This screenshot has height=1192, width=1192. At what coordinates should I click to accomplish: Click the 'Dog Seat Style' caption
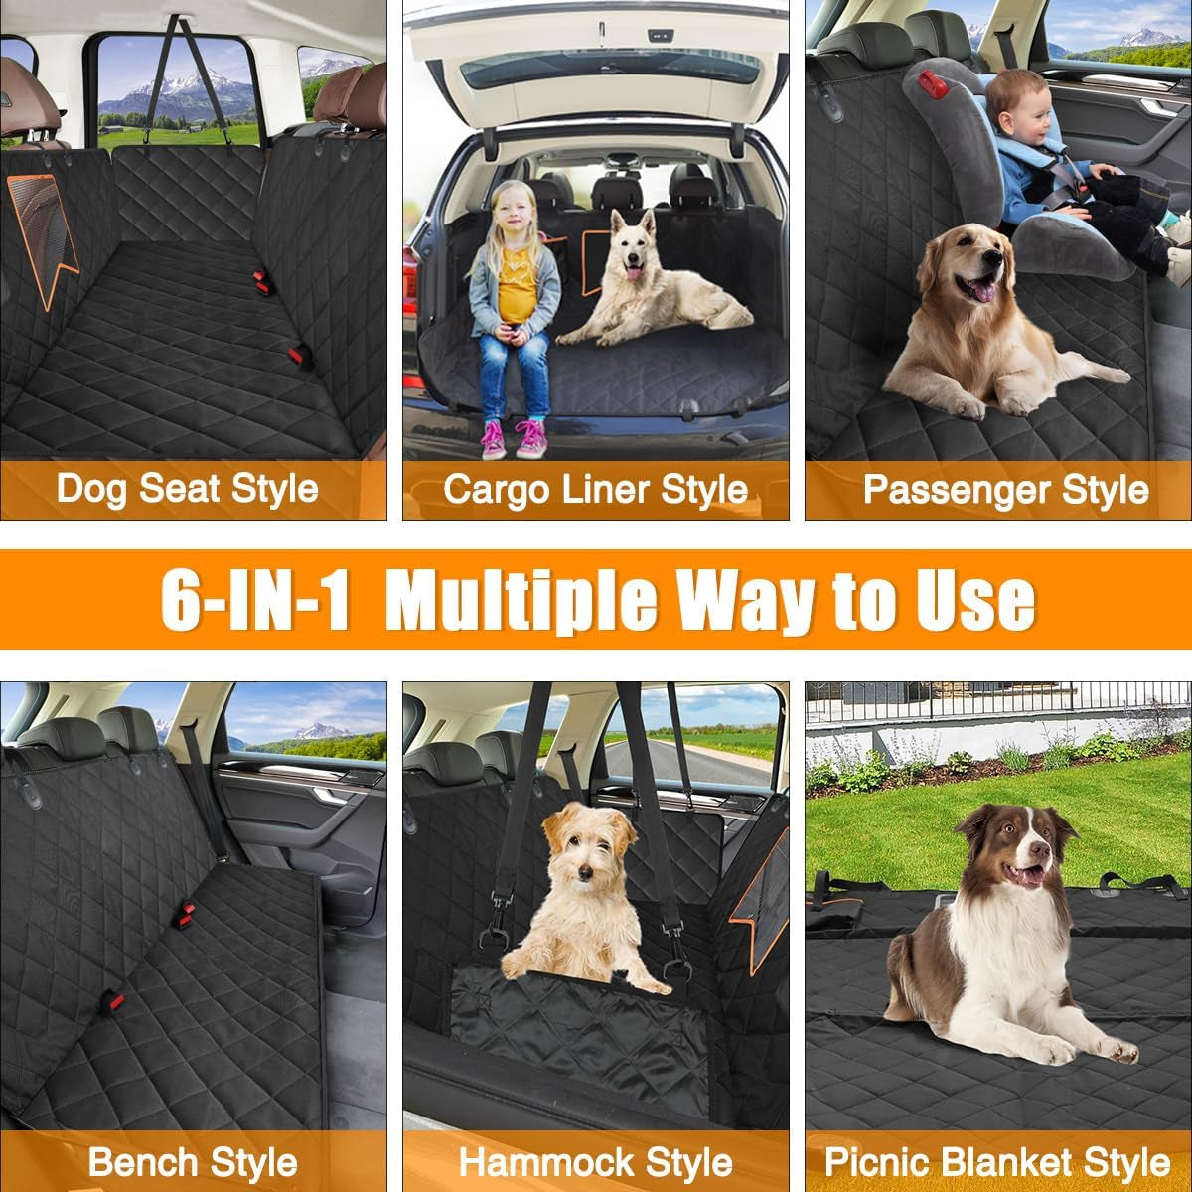click(x=187, y=489)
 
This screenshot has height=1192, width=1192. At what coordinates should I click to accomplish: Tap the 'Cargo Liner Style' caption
click(x=595, y=489)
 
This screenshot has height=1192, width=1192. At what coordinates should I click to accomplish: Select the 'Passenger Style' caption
click(x=1005, y=489)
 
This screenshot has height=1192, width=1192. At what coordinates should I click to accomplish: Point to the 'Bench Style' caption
click(x=193, y=1162)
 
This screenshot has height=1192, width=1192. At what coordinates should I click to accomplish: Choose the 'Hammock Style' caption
click(x=595, y=1162)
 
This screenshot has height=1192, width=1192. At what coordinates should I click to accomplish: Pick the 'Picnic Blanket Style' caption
click(x=997, y=1162)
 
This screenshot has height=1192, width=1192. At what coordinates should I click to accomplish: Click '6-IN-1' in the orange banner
click(x=255, y=599)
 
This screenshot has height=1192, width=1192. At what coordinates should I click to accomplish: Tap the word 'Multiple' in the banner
click(x=521, y=599)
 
